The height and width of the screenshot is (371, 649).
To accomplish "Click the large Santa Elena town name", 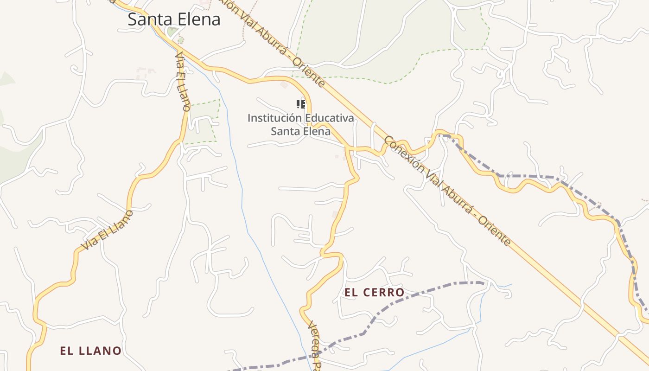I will point(174,19).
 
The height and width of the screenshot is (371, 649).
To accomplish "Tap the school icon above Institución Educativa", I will point(300,104).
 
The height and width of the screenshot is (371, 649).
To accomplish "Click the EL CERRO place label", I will point(375,293).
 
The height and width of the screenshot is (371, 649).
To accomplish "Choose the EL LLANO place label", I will point(91,351).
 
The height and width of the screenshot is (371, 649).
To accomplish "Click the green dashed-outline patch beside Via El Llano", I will point(202,122).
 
